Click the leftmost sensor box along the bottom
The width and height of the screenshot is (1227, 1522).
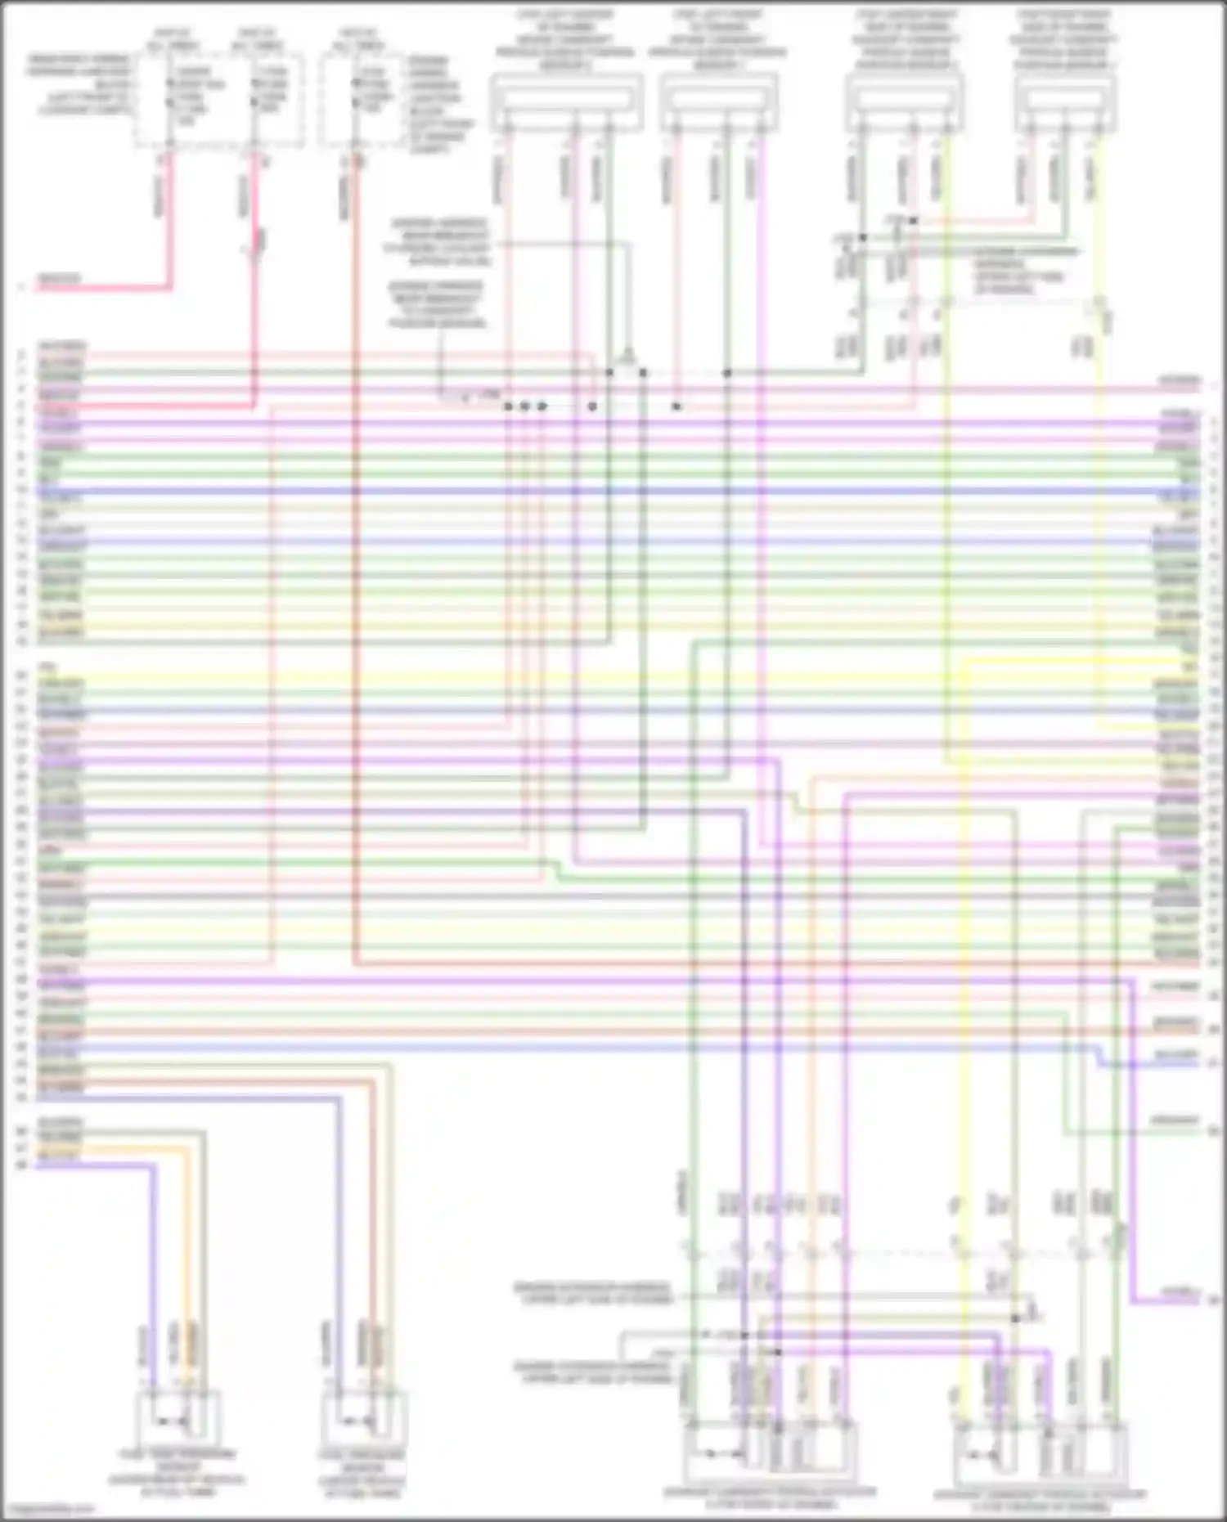pyautogui.click(x=178, y=1419)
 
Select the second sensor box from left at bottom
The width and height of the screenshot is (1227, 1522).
pyautogui.click(x=364, y=1419)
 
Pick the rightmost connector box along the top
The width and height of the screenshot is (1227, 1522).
pyautogui.click(x=1065, y=101)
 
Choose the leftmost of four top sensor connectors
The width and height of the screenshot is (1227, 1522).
pyautogui.click(x=566, y=101)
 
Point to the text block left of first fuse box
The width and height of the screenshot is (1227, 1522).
pyautogui.click(x=80, y=84)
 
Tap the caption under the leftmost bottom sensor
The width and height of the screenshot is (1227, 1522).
pyautogui.click(x=178, y=1473)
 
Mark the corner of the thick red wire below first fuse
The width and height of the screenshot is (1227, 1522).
pyautogui.click(x=169, y=287)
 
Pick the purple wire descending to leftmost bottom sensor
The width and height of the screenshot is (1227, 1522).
pyautogui.click(x=152, y=1276)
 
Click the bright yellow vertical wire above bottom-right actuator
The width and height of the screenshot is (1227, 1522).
pyautogui.click(x=962, y=1063)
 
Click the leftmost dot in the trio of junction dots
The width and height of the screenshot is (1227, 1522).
pyautogui.click(x=508, y=406)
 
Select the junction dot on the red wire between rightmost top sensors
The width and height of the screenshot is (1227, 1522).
pyautogui.click(x=913, y=221)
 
